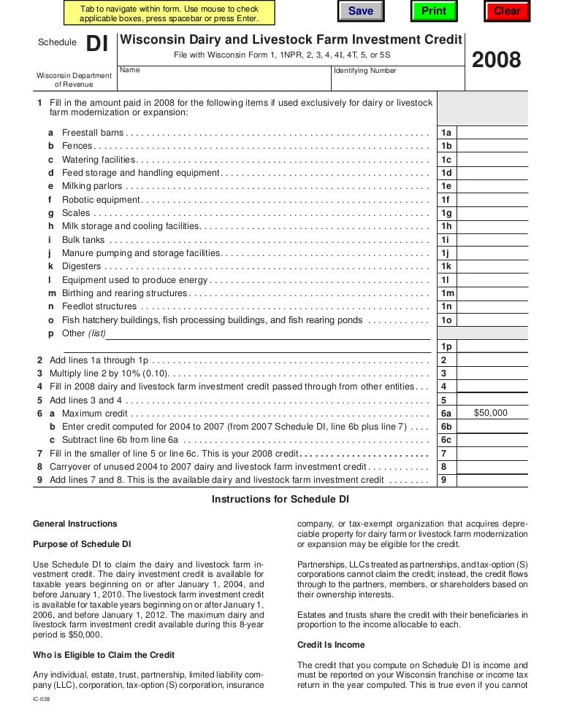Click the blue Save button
click(360, 11)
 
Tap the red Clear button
click(506, 11)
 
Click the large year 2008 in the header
click(497, 61)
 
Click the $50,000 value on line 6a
click(490, 413)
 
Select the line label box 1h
click(446, 226)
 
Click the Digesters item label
click(82, 266)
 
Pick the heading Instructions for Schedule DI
click(280, 500)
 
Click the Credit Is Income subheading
click(331, 645)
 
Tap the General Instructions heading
click(75, 524)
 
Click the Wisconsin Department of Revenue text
click(75, 80)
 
